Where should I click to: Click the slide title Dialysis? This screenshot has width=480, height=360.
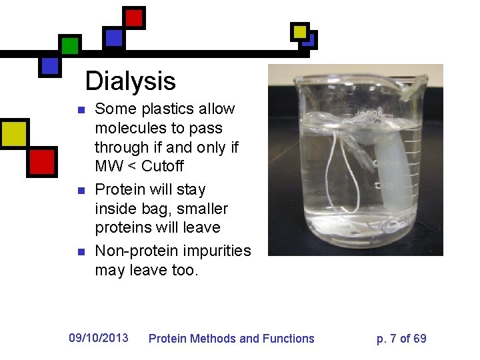[130, 81]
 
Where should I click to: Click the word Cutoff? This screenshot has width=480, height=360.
[162, 166]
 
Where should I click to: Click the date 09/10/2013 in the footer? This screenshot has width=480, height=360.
[99, 337]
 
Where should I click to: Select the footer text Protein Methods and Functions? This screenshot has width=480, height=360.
[231, 339]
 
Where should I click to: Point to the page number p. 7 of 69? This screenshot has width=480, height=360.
[401, 339]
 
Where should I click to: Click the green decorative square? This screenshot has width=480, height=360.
[69, 45]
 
